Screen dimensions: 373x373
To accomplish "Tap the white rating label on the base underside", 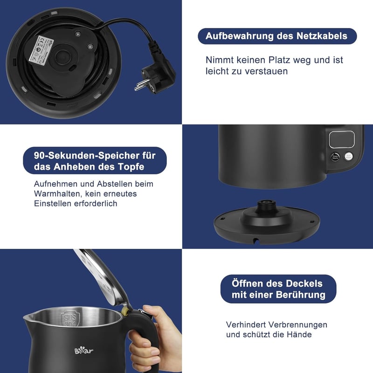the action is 41,49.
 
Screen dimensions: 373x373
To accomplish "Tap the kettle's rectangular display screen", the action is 342,139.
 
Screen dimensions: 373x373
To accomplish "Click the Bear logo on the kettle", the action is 84,350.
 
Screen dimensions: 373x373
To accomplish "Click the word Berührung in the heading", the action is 300,295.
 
